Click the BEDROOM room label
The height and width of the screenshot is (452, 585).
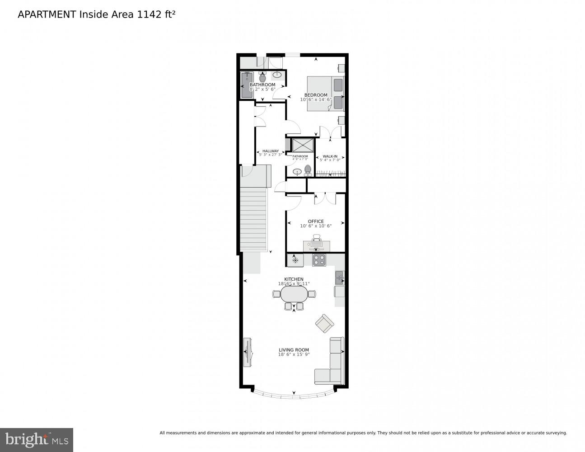(x=316, y=95)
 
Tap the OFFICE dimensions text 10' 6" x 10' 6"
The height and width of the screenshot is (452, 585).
(x=316, y=226)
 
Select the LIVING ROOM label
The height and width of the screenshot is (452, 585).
(x=294, y=350)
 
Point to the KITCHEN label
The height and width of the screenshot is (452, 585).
(x=294, y=279)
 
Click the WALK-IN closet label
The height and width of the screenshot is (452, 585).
(x=330, y=156)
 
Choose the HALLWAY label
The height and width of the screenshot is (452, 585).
(x=270, y=151)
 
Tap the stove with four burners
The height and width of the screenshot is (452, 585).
(x=319, y=260)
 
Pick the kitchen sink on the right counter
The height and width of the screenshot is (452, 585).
(x=340, y=277)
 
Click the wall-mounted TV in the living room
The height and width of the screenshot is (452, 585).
(x=247, y=352)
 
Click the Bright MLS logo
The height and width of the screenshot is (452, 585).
(x=36, y=440)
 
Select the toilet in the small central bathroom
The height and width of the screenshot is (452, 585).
(x=308, y=170)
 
